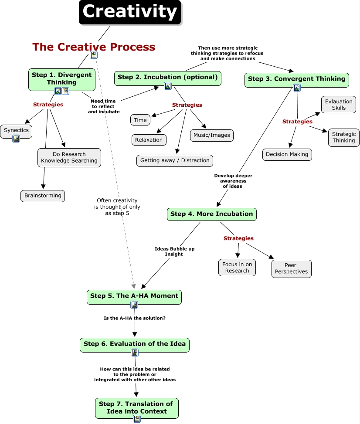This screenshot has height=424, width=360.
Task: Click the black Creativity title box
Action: [130, 12]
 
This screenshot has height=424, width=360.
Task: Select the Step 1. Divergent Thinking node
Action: [61, 78]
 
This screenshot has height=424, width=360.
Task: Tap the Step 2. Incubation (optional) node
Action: [168, 78]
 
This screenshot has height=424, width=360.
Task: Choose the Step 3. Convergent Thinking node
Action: [296, 79]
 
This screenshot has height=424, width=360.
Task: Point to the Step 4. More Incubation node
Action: [211, 214]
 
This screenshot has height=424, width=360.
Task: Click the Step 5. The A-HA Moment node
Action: [134, 296]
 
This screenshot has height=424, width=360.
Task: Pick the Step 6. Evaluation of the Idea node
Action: [135, 344]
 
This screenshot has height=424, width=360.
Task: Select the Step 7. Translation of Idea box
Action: [136, 407]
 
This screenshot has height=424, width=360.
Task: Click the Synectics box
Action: [16, 130]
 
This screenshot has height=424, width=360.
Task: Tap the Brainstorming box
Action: [43, 196]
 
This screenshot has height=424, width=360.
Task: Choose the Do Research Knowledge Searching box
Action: [69, 157]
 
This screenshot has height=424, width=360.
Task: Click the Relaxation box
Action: [149, 140]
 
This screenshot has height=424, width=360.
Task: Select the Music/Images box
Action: [211, 135]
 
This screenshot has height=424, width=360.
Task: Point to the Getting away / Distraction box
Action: [175, 160]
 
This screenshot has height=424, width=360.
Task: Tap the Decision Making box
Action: [287, 154]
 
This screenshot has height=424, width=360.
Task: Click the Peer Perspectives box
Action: [291, 268]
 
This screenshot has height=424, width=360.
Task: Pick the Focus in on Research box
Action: [237, 268]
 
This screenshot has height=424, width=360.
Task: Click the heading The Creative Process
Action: [94, 47]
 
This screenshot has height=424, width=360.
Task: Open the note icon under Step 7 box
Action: [137, 419]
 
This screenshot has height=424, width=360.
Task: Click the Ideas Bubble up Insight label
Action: [174, 251]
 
